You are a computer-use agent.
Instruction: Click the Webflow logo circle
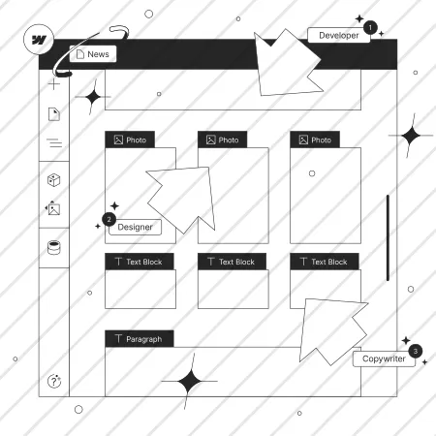point(39,40)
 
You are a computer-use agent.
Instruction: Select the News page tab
point(93,54)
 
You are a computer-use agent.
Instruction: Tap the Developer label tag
point(339,35)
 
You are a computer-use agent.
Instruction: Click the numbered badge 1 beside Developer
point(370,27)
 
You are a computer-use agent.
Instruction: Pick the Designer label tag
point(135,227)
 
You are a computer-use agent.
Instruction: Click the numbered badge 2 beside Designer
point(109,220)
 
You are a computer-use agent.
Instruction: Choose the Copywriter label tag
point(384,358)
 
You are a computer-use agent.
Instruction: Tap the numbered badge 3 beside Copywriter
point(416,351)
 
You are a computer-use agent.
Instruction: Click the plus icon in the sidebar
point(54,84)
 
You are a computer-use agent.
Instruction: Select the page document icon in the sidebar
point(54,114)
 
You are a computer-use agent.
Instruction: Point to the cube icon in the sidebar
point(54,180)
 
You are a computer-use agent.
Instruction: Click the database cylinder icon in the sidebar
point(54,248)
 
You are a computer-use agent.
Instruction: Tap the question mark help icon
point(54,381)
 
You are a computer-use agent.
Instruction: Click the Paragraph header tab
point(140,339)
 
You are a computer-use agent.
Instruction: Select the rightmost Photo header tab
point(315,140)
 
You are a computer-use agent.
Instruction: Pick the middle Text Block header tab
point(232,262)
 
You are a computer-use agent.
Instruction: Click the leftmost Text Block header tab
point(140,262)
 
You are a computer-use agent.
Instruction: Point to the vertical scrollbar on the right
point(388,238)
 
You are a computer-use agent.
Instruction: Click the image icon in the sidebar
point(53,208)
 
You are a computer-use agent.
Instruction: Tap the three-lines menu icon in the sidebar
point(54,142)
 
